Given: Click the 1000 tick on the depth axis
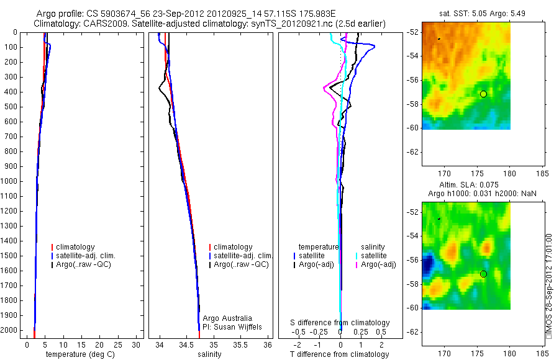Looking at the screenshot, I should (x=9, y=181).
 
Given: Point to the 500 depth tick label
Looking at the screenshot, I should (x=9, y=107).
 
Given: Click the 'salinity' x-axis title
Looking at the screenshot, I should (x=209, y=354).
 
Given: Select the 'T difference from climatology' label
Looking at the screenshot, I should (x=339, y=354).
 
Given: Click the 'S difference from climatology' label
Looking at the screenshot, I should (x=340, y=323).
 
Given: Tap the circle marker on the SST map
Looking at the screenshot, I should (x=483, y=94).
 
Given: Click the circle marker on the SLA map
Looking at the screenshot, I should (x=483, y=274).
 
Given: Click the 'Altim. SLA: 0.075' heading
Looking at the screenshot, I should (x=466, y=184).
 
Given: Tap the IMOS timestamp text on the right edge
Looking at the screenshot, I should (x=548, y=286).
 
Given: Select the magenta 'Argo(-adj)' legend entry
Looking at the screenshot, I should (x=378, y=264).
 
